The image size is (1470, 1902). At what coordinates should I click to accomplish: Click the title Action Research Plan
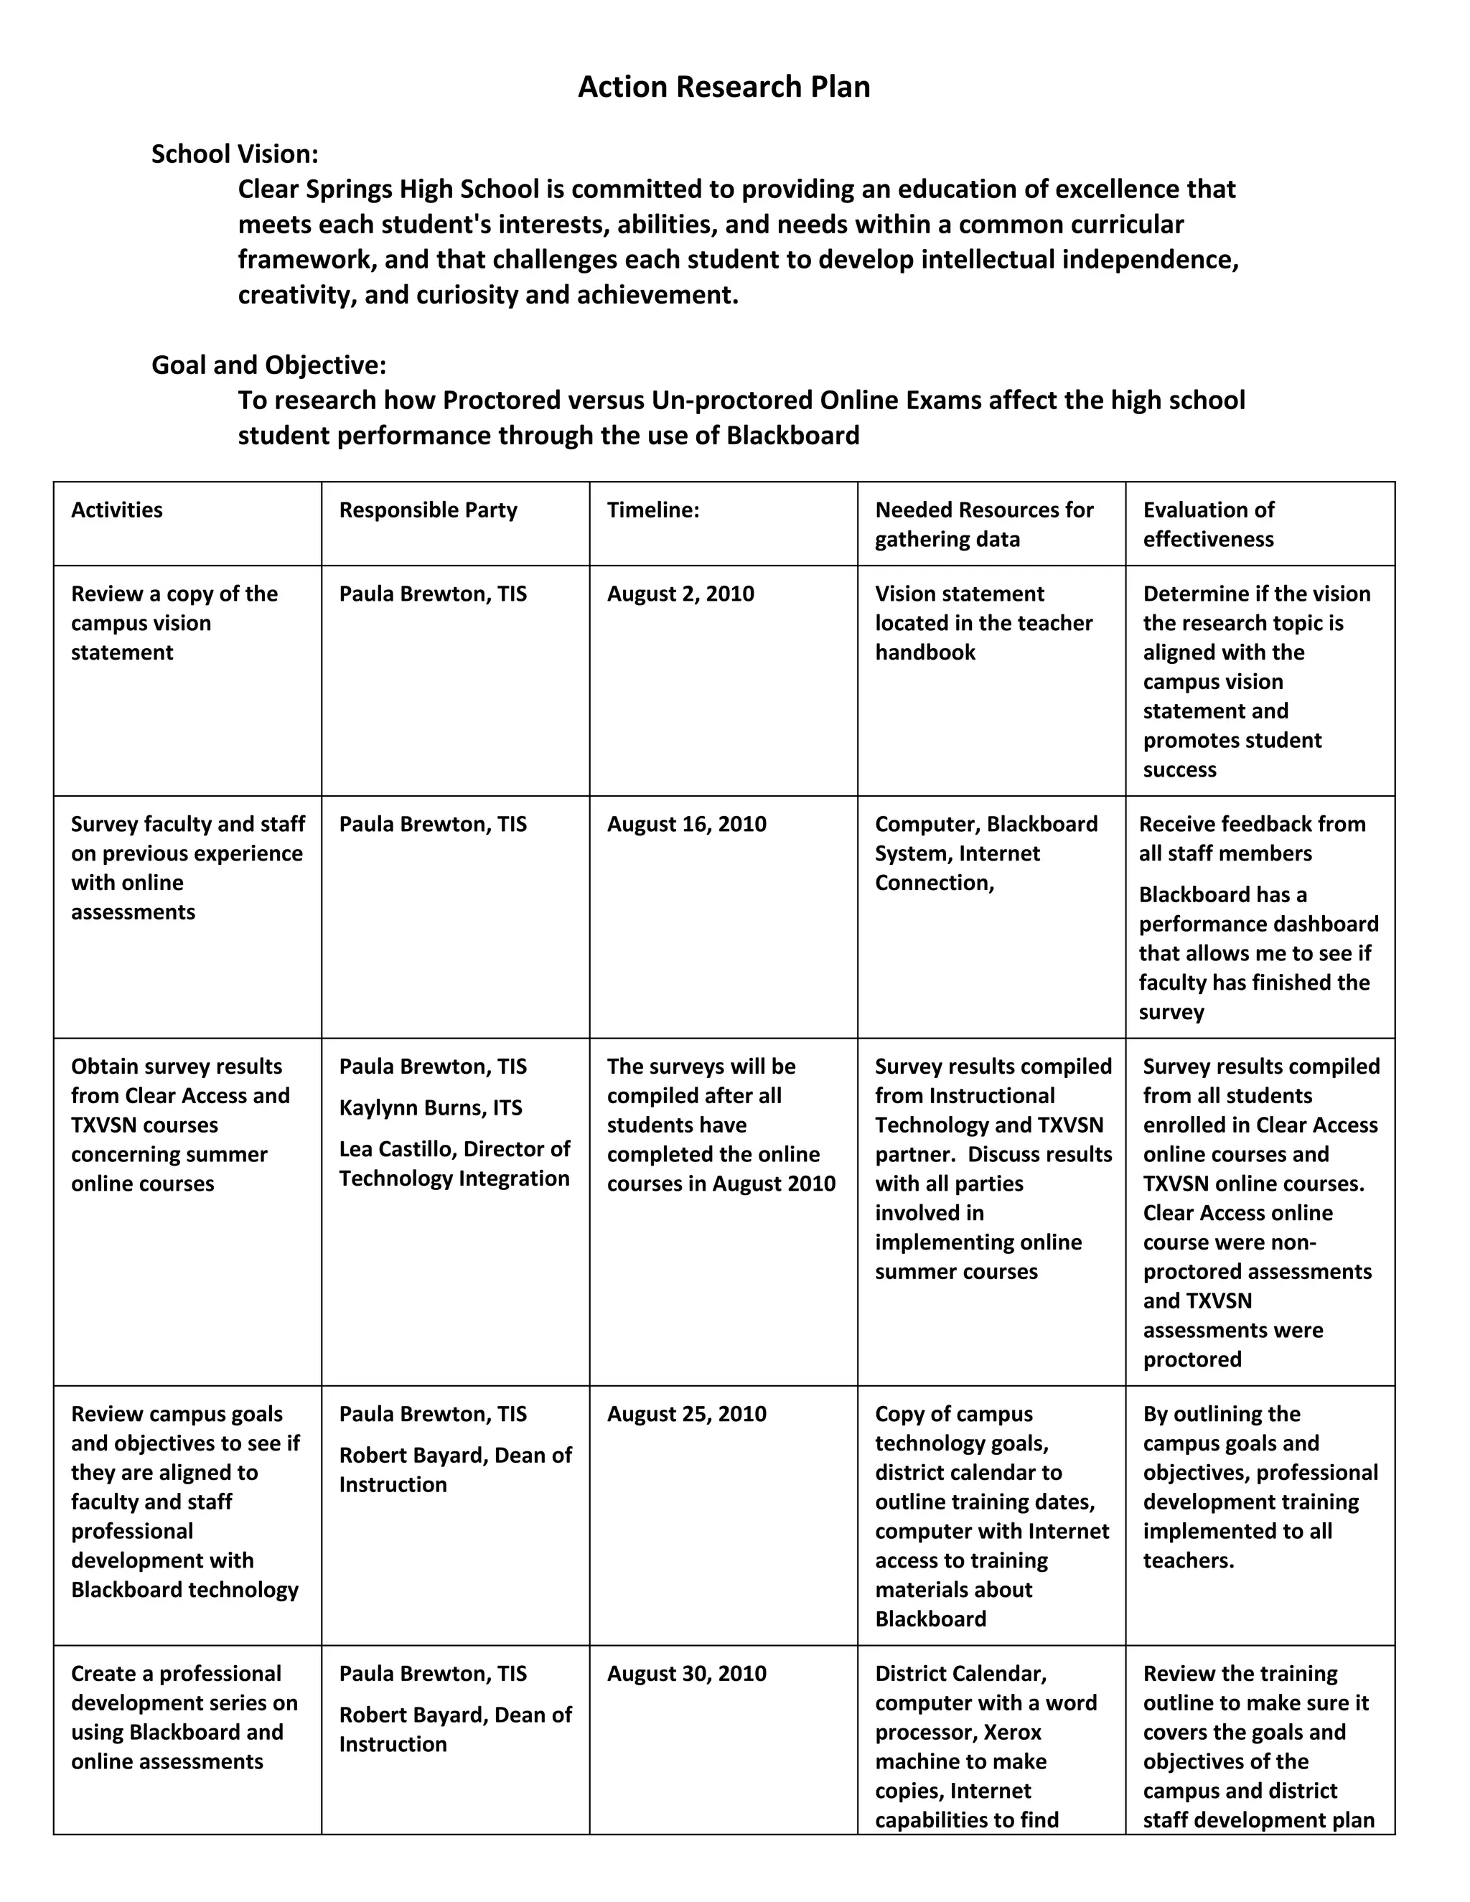click(724, 87)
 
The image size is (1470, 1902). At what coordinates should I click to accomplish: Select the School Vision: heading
click(234, 154)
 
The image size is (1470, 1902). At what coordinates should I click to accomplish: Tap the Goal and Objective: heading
click(268, 365)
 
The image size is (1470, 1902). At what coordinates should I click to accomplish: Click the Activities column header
click(117, 510)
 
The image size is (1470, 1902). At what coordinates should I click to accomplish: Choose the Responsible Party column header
click(428, 510)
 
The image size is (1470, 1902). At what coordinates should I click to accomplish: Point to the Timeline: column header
click(652, 510)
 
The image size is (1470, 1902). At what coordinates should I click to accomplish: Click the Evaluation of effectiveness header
click(1208, 524)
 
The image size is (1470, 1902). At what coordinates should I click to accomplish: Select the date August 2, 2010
click(680, 594)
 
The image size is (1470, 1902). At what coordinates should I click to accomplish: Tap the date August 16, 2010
click(686, 824)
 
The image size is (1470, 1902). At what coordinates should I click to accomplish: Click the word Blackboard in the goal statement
click(792, 436)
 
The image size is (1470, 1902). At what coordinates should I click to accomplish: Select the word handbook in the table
click(924, 652)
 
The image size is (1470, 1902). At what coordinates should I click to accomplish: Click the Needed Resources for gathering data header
click(983, 524)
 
